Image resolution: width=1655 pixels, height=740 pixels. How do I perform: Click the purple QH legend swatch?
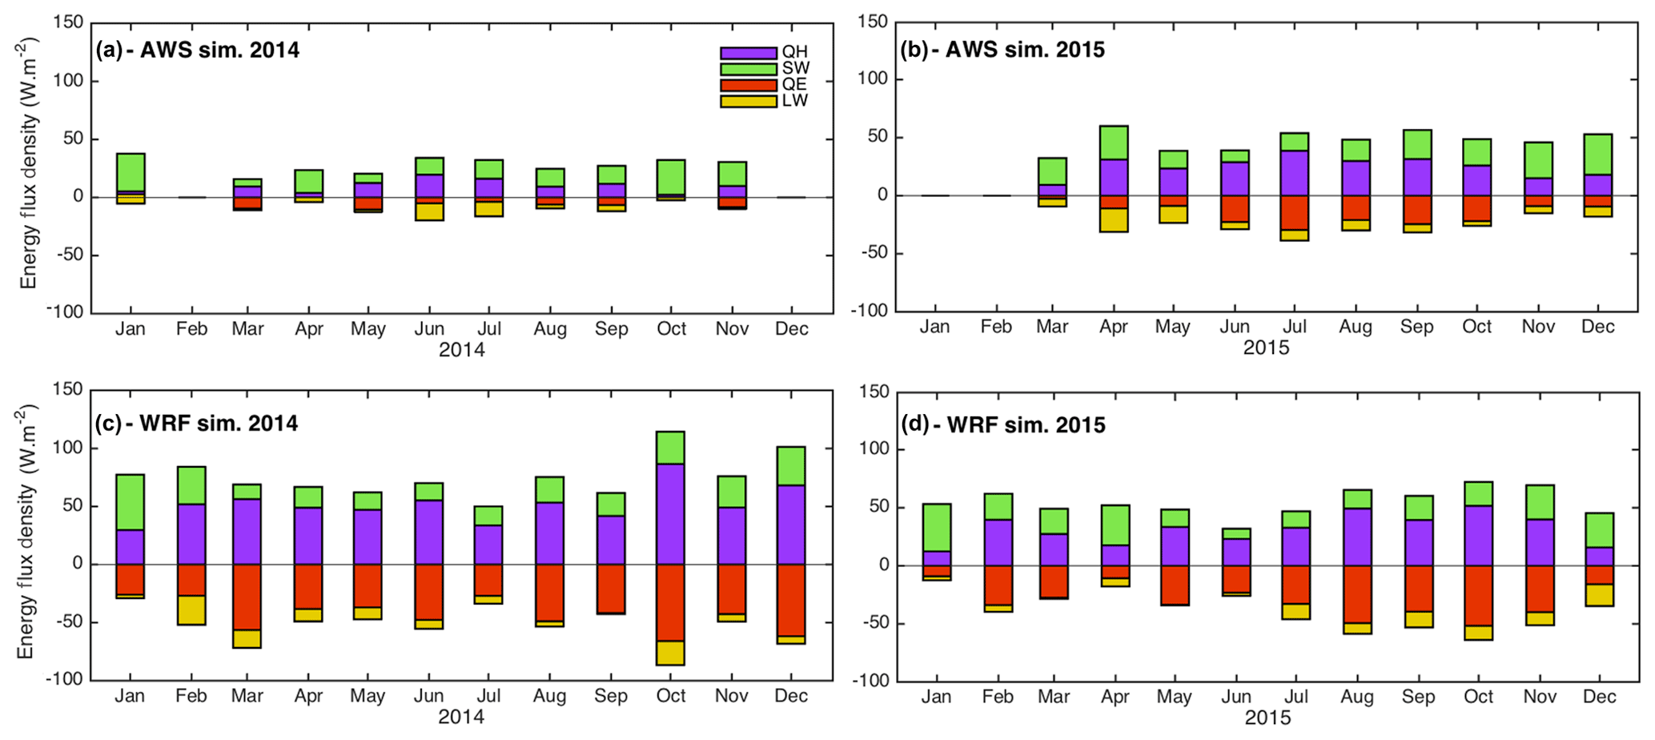click(748, 53)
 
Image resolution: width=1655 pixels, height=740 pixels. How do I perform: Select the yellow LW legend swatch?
click(748, 102)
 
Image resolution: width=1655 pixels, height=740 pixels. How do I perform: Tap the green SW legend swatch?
click(748, 69)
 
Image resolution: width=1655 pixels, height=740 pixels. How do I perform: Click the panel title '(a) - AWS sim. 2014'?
click(197, 50)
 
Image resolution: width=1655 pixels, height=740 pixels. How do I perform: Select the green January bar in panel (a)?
click(131, 172)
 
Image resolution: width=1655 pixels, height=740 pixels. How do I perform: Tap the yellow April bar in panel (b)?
click(1114, 220)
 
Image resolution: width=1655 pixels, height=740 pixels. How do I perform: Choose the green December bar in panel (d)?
click(1598, 530)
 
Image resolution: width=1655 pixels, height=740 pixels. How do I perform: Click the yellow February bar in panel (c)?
click(191, 610)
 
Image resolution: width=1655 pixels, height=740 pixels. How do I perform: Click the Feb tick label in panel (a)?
click(191, 329)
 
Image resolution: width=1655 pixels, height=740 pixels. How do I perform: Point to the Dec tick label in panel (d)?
click(1598, 697)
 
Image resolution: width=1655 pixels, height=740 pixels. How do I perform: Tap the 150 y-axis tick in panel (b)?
click(872, 22)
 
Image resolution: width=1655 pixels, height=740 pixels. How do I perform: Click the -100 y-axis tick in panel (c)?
click(63, 679)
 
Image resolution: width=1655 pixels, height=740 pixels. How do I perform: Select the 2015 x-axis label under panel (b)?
click(1266, 348)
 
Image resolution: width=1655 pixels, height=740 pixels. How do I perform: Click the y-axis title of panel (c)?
click(26, 533)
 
